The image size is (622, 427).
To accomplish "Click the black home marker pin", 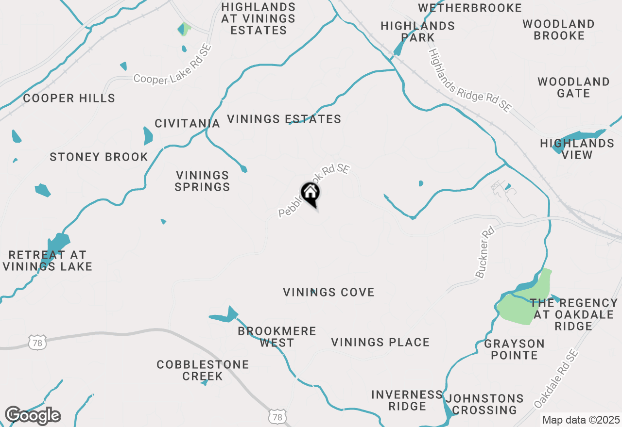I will [310, 193].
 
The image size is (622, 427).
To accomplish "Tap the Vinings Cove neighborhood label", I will [328, 292].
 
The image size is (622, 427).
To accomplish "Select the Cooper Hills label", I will [69, 98].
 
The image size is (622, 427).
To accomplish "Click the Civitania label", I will [187, 123].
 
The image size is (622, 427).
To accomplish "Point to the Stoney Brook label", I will [99, 157].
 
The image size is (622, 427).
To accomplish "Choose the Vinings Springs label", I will [202, 181].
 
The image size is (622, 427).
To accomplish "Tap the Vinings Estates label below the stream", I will [284, 119].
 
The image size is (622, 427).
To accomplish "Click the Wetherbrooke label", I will [470, 8].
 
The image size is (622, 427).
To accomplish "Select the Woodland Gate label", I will [573, 87].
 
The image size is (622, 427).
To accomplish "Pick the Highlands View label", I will [577, 149].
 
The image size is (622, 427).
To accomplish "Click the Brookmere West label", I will [277, 337].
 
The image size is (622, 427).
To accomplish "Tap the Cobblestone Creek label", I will [203, 370].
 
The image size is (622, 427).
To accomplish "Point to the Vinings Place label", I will [380, 342].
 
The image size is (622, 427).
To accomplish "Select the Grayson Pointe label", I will [514, 349].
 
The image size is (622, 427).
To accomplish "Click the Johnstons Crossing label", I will [484, 404].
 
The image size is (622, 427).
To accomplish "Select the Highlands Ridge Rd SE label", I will [470, 81].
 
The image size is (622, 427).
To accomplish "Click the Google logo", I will [32, 415].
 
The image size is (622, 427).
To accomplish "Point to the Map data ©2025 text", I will [581, 420].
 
